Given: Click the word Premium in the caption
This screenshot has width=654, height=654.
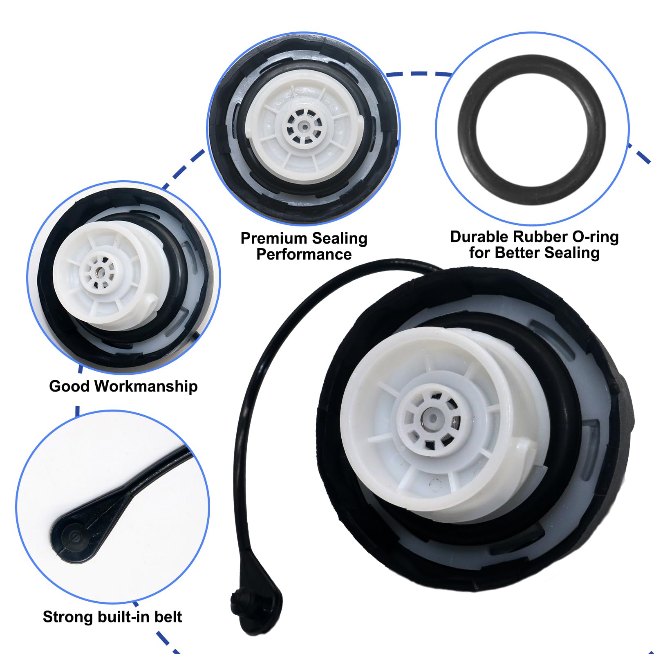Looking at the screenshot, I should [274, 238].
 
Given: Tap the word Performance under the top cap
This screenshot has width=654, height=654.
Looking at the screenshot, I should [304, 254].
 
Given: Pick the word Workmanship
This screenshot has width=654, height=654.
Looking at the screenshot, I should [146, 386].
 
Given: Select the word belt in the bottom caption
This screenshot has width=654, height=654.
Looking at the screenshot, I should [168, 616].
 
